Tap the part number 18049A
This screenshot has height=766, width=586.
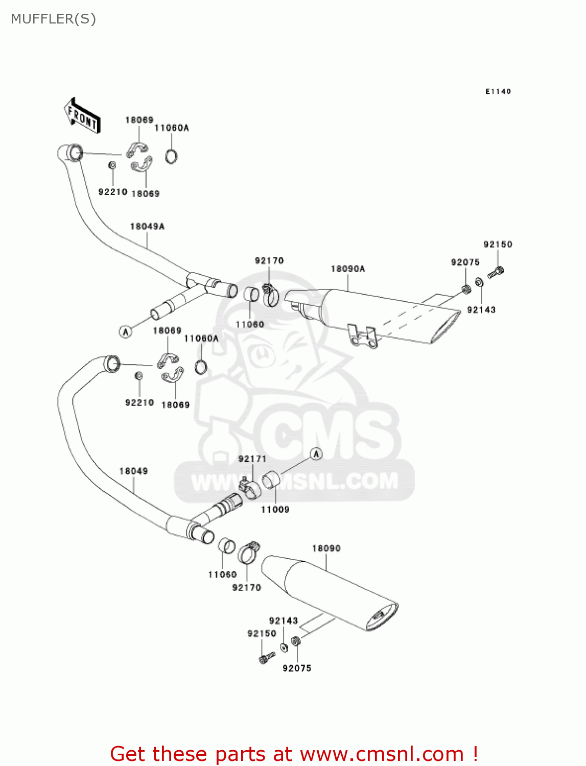147,226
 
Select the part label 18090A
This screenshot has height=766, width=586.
348,269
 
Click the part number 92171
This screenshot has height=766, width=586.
252,459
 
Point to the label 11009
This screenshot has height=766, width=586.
275,509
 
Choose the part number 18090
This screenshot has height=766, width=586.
326,548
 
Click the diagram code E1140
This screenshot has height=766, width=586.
498,91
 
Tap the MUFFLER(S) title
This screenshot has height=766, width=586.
53,19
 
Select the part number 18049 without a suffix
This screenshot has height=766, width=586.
133,471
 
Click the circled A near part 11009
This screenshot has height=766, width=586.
316,453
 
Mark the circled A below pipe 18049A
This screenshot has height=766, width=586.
125,332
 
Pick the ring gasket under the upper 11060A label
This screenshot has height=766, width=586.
172,156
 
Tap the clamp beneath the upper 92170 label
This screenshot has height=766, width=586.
271,296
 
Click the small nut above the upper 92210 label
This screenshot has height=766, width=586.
112,165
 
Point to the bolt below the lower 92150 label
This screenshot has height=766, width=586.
267,658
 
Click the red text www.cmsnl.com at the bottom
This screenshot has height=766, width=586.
381,754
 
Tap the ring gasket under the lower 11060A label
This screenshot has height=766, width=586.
201,366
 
